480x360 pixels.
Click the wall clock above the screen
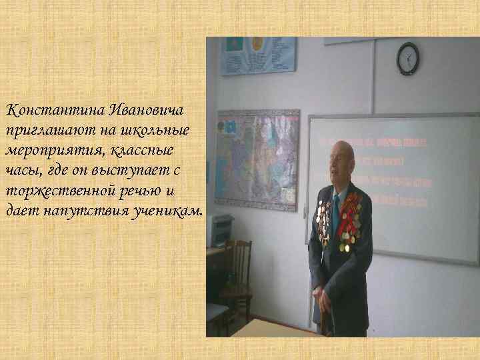tap(407, 58)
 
